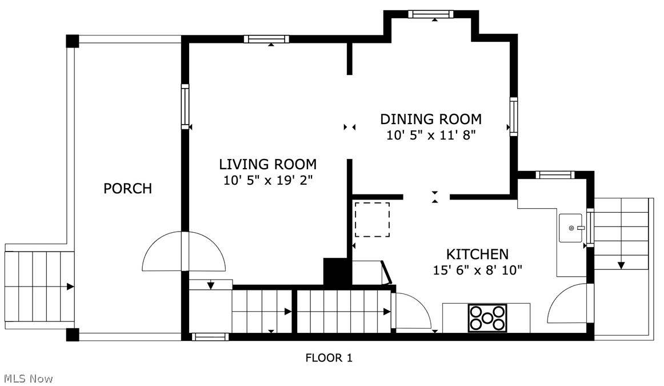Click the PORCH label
click(x=127, y=188)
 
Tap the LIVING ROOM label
click(x=267, y=164)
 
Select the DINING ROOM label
click(x=431, y=119)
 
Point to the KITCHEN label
click(x=477, y=254)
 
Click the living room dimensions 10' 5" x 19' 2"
click(x=267, y=180)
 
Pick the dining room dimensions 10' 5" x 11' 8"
click(x=431, y=135)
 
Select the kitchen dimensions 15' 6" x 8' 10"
click(x=477, y=270)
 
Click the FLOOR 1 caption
click(x=329, y=358)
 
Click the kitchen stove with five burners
click(x=487, y=318)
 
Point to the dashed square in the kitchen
click(x=372, y=220)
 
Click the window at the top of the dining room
click(x=431, y=14)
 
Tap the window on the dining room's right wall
click(x=514, y=117)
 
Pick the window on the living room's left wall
click(x=185, y=106)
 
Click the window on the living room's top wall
click(x=267, y=39)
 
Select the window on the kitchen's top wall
click(x=555, y=174)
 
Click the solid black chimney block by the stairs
click(x=338, y=272)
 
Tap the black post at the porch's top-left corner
click(x=73, y=41)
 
